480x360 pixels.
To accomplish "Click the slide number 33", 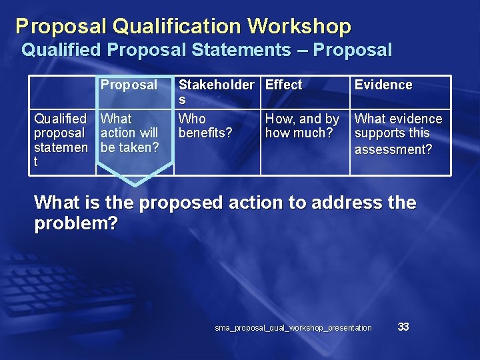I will coord(403,327).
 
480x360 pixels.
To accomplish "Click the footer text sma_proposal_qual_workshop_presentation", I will coord(293,328).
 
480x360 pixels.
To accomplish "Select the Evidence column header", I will coord(383,85).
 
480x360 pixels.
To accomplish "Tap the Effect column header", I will coord(284,85).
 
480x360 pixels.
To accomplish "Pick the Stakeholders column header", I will coord(216,92).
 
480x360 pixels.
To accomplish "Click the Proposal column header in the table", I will coord(129,85).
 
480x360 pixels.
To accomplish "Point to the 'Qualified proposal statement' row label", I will coord(61,140).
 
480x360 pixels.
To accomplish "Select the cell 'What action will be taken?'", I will coord(129,133).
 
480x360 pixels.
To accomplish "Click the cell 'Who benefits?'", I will coord(205,126).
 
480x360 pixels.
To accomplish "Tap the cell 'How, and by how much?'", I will coord(302,126).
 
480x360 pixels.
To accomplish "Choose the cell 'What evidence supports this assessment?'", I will coord(398,133).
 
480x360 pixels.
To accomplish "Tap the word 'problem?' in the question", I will coord(75,224).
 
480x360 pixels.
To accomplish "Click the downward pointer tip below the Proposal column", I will coord(135,184).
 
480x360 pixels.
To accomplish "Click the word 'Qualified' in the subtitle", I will coord(61,50).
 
